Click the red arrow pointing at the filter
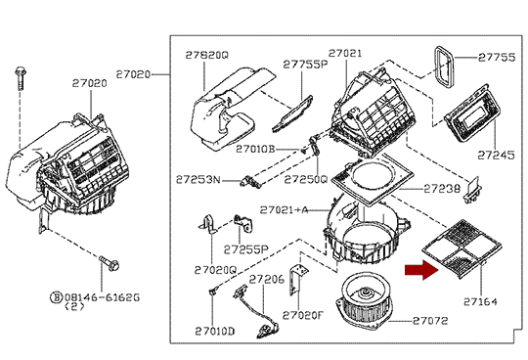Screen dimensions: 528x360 [x=422, y=270]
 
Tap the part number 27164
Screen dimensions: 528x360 [x=480, y=301]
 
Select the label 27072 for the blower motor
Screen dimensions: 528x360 [x=430, y=321]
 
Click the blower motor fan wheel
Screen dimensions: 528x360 [x=365, y=301]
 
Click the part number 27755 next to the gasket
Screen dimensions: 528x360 [x=497, y=58]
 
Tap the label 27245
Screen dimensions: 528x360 [x=497, y=156]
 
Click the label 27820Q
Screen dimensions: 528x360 [x=206, y=55]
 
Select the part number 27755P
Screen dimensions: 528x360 [x=305, y=64]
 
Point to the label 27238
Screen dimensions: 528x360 [x=442, y=189]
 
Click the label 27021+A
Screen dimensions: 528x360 [x=284, y=210]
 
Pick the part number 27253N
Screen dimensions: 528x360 [x=198, y=180]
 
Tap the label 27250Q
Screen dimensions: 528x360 [x=306, y=179]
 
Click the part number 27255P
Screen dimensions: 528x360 [x=245, y=249]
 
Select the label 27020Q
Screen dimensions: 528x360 [x=215, y=270]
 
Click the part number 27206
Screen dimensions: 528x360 [x=267, y=279]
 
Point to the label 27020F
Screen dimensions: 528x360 [x=302, y=315]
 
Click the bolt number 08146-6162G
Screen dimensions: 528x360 [x=102, y=297]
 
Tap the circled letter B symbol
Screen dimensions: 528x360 [x=57, y=297]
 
